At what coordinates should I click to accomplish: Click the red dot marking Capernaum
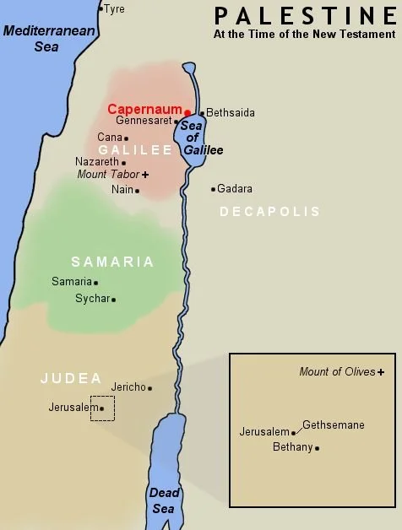click(187, 111)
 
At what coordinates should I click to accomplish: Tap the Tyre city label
click(114, 8)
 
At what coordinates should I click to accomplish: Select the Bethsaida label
click(230, 112)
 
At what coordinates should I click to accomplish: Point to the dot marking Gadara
click(213, 189)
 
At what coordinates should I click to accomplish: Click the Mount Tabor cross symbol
click(145, 174)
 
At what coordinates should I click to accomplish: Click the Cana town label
click(109, 137)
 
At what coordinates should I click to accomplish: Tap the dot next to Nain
click(138, 190)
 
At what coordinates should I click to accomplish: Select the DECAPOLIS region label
click(270, 212)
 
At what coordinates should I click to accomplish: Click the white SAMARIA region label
click(112, 262)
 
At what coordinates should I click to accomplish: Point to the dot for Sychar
click(114, 299)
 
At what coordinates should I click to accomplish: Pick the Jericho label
click(128, 387)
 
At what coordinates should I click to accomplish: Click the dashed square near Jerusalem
click(102, 408)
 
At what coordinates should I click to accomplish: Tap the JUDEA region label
click(70, 378)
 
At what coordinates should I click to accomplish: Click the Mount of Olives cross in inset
click(381, 371)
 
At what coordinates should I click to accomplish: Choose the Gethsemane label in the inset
click(333, 425)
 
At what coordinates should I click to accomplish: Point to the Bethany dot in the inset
click(317, 448)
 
